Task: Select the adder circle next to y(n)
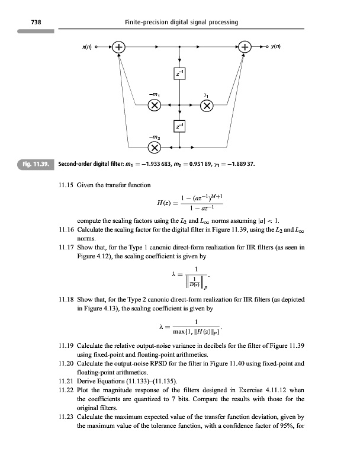245,46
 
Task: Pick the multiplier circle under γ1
207,106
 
